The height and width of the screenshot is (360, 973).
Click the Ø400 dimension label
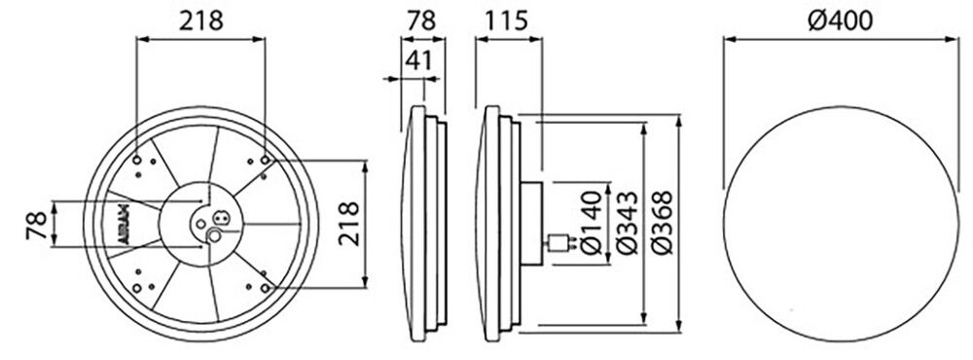click(841, 21)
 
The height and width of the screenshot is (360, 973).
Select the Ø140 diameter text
click(593, 223)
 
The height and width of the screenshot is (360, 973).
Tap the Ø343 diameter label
click(628, 223)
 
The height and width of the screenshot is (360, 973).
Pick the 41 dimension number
click(418, 61)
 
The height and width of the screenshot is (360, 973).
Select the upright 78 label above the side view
click(422, 20)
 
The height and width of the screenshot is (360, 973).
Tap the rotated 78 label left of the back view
click(37, 225)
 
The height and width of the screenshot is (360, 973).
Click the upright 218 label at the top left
click(200, 20)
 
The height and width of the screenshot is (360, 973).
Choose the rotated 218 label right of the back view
click(349, 224)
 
